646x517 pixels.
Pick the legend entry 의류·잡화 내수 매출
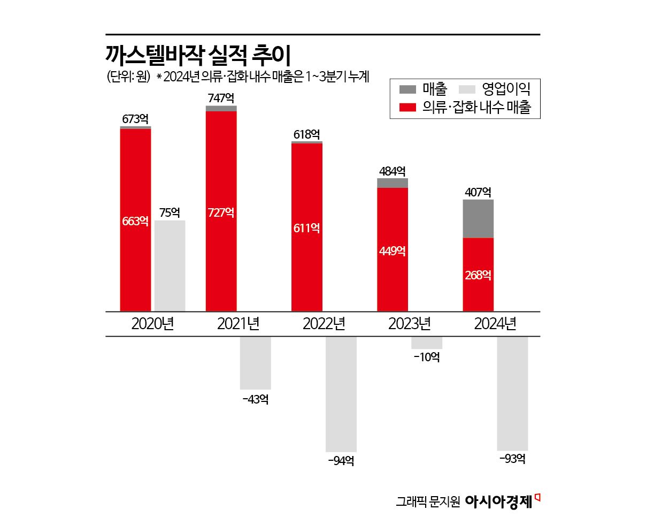[x=466, y=107]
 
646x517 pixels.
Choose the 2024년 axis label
[x=495, y=324]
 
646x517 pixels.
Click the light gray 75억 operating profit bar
[x=170, y=265]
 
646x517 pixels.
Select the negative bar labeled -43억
[x=255, y=362]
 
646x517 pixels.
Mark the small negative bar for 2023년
[x=426, y=343]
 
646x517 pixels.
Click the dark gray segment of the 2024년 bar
[x=478, y=218]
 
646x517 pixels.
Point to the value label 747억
[x=221, y=98]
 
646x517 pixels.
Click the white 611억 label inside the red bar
[x=307, y=229]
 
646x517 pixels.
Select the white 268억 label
[x=478, y=275]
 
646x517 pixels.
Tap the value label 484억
[x=392, y=171]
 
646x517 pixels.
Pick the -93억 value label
[x=512, y=459]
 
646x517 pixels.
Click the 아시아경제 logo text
[x=499, y=501]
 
